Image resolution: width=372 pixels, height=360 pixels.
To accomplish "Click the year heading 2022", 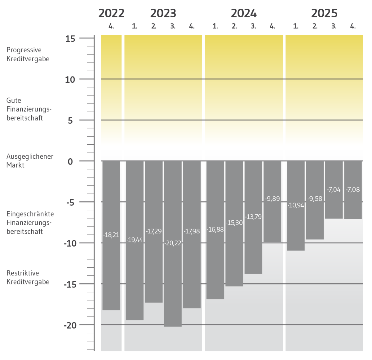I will (x=111, y=13).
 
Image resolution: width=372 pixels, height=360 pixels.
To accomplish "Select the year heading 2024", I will (x=244, y=13).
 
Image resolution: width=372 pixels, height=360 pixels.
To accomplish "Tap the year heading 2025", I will (x=324, y=13).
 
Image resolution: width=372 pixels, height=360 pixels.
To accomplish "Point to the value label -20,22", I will (x=173, y=243).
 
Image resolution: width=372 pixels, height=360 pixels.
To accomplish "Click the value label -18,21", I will (x=111, y=235).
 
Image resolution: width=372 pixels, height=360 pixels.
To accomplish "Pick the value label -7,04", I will (x=334, y=190).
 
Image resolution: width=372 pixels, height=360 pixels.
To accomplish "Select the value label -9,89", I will (x=272, y=199).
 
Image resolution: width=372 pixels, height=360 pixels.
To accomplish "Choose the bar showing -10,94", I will (x=296, y=229).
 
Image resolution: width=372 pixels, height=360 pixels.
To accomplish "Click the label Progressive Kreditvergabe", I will (x=28, y=54).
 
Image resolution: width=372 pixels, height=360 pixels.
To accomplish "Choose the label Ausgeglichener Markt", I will (x=30, y=160).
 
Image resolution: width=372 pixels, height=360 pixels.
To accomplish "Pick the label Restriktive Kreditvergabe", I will (x=28, y=277).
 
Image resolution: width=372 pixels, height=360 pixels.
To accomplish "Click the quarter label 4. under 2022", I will (x=111, y=27).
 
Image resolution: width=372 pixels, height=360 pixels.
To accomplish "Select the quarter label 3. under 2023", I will (x=173, y=27).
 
